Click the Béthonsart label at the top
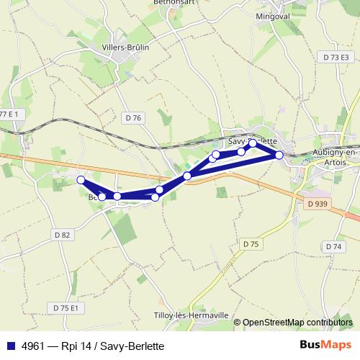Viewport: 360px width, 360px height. [170, 3]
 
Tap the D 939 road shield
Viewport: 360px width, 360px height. [318, 204]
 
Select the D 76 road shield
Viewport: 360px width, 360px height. [133, 117]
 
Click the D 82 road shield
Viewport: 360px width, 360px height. [62, 235]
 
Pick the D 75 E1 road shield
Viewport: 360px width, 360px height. [66, 307]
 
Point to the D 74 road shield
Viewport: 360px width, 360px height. [333, 246]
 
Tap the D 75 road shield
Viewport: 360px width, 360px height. [251, 244]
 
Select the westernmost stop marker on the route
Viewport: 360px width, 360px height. [81, 179]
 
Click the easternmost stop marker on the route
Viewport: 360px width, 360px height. [279, 154]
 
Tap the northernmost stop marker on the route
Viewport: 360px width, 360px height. [253, 143]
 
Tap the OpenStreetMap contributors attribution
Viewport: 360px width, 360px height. [298, 322]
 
